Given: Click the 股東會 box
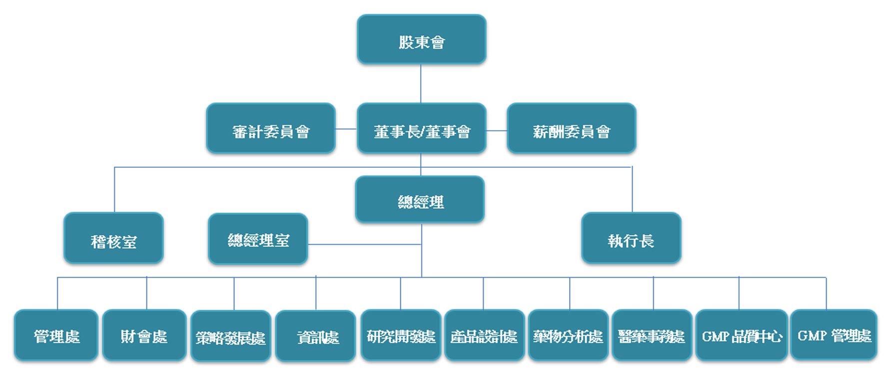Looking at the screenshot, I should pos(421,39).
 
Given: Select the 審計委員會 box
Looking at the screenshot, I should pos(270,128).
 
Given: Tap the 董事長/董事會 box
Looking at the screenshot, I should pos(421,128).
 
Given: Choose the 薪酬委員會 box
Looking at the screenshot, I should pos(571,128).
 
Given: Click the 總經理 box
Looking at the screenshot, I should pos(420,200).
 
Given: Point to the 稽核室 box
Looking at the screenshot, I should pos(113,238).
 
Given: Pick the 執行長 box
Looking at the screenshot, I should pos(631,238).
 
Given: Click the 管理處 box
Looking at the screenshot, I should pos(56,335).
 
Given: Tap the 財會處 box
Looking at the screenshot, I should pos(144,335).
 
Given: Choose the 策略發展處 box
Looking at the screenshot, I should pos(231,336).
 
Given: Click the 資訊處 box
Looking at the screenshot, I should pos(315,336).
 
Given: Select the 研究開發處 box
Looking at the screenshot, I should pos(401,335).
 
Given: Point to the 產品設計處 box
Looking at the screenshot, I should pos(484,335).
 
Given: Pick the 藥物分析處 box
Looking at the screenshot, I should pos(568,335).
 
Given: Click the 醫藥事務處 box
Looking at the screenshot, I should pos(652,335).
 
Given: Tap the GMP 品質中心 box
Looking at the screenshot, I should pos(742,335).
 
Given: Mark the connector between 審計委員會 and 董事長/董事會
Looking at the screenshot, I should pos(346,129).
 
